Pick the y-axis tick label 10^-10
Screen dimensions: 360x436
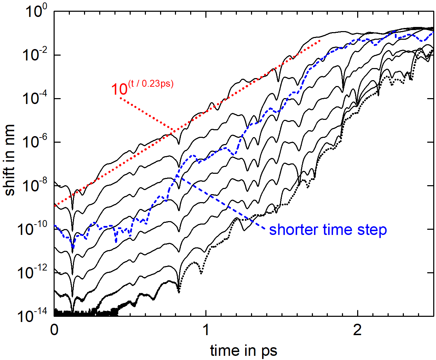[33, 229]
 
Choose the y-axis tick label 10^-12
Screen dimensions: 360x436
[33, 273]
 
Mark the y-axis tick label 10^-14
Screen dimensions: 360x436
[33, 315]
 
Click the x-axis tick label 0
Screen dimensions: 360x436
[54, 330]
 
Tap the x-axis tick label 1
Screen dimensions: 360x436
[206, 330]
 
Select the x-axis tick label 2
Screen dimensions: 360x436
[358, 330]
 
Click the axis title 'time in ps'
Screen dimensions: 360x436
[244, 350]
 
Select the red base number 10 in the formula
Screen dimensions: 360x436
[119, 89]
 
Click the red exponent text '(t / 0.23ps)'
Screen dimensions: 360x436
[151, 84]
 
